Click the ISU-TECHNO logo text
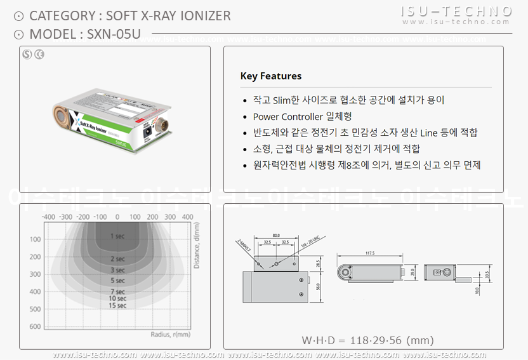457,11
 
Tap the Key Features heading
271,76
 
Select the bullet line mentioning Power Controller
302,116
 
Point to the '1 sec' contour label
117,236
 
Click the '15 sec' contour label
117,306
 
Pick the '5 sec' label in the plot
117,280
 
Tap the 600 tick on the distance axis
35,326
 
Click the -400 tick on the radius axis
48,217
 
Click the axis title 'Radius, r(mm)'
170,334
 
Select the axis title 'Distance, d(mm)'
197,244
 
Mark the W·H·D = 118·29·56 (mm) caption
367,340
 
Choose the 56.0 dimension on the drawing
318,288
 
